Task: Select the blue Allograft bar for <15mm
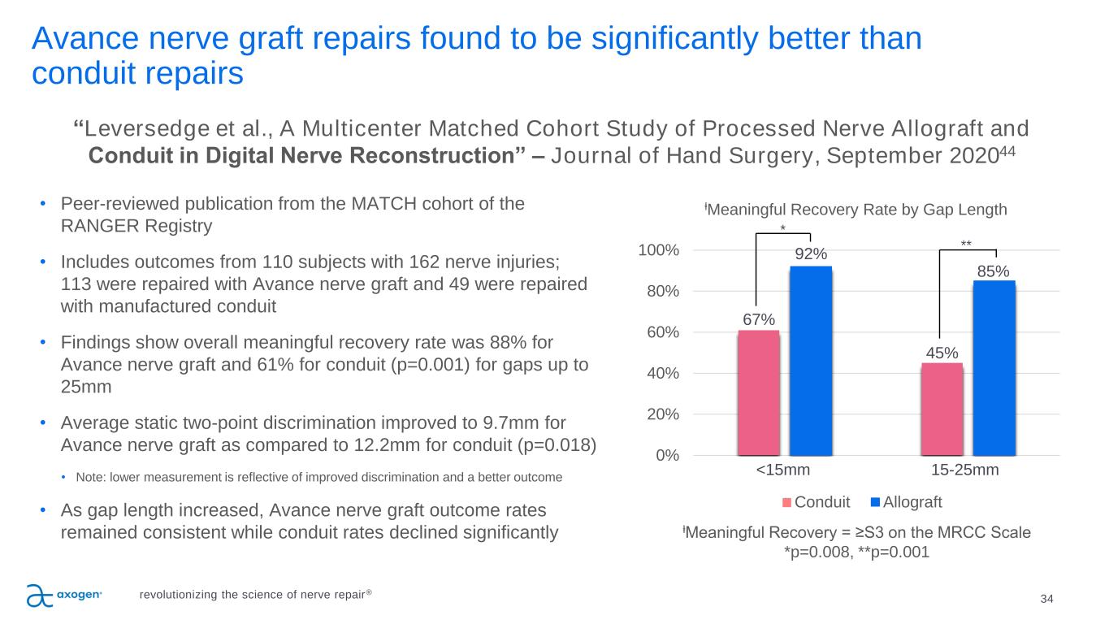pos(811,361)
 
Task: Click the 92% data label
pos(811,254)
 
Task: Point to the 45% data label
pos(942,353)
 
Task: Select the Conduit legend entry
pos(817,501)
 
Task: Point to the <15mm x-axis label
pos(783,470)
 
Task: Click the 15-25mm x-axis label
pos(965,470)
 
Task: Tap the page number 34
pos(1046,599)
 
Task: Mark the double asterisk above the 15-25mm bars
pos(966,243)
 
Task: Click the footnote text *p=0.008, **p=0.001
pos(856,552)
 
